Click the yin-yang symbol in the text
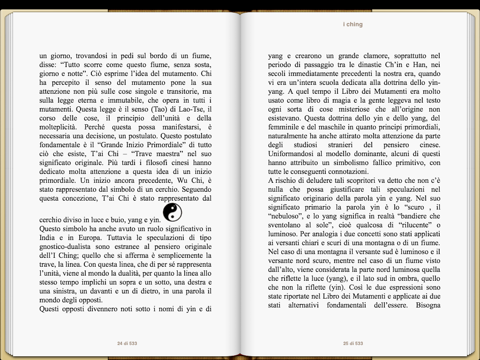[x=172, y=213]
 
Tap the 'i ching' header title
[x=352, y=24]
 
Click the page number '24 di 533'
[x=127, y=344]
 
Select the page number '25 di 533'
[x=353, y=344]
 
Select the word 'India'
[x=48, y=238]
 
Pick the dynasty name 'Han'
[x=416, y=65]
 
